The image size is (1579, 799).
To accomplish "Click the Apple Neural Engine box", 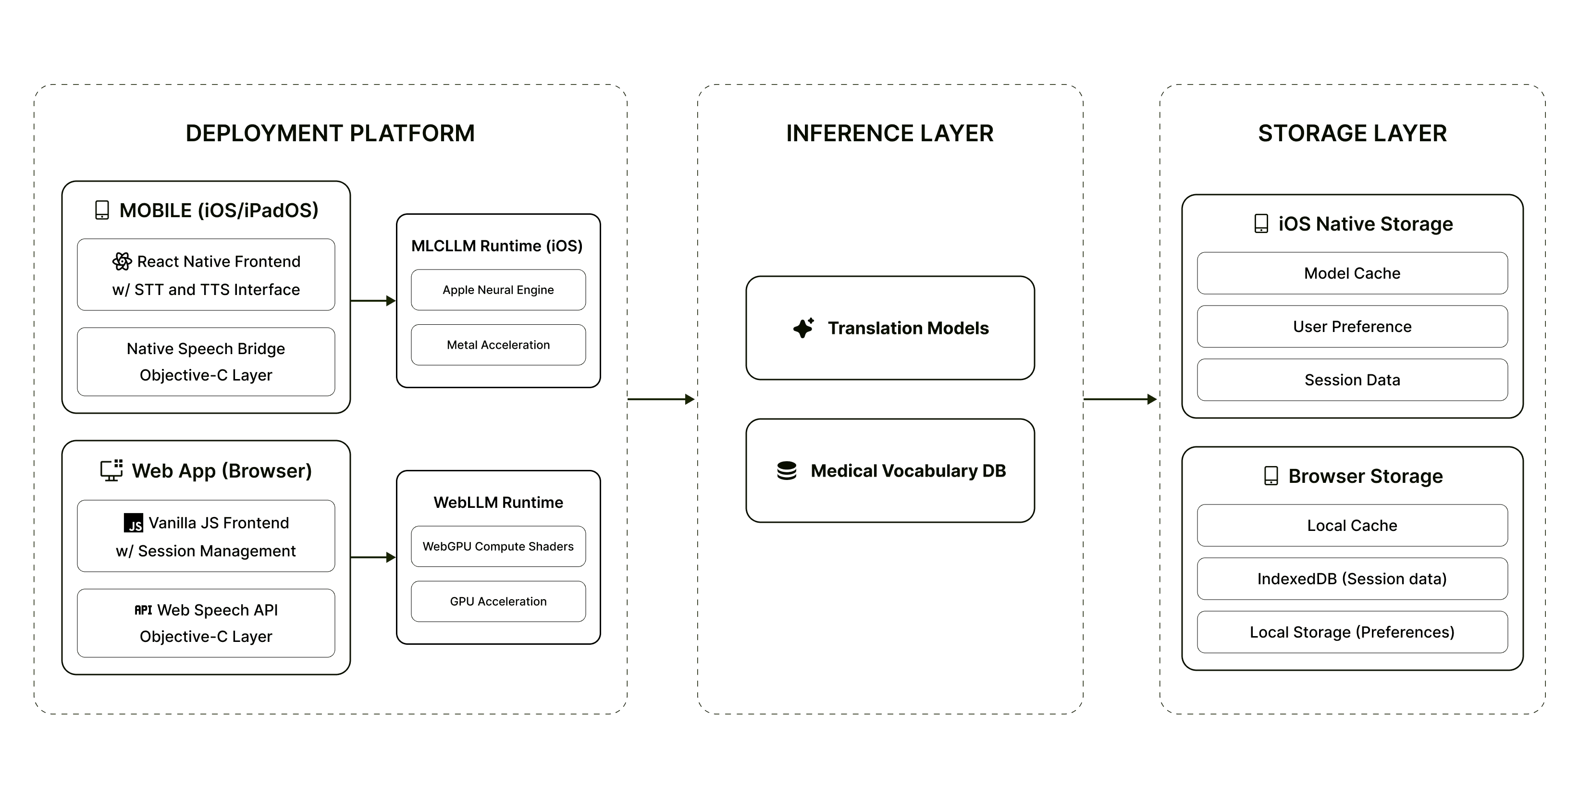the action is [498, 290].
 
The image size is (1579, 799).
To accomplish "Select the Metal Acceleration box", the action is [498, 345].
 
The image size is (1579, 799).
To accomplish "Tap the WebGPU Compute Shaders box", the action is [498, 546].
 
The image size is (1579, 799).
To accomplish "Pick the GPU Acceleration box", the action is [498, 601].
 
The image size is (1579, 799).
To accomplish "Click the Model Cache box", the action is [1352, 273].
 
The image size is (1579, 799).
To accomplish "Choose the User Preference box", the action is [1352, 327].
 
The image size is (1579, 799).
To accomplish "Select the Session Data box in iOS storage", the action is [1352, 380].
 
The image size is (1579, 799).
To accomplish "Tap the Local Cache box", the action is [1352, 525].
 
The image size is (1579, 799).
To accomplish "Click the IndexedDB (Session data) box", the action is [1352, 578].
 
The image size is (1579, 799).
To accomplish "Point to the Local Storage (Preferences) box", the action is [1352, 632].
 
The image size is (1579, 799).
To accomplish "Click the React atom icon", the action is [122, 262].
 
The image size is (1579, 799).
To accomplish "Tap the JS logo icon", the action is [134, 523].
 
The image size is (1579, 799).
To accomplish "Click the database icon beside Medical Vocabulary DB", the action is [787, 470].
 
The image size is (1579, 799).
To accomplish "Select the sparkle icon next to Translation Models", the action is [803, 328].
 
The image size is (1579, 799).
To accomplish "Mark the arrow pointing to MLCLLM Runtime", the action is [373, 301].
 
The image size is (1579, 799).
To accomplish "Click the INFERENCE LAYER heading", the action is [889, 134].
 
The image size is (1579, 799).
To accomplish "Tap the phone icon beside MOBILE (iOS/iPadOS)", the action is [102, 210].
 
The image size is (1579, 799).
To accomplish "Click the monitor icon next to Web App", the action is [111, 470].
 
